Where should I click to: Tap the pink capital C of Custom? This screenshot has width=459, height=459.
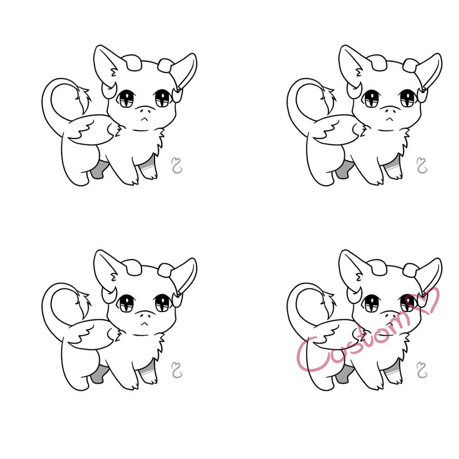(x=311, y=355)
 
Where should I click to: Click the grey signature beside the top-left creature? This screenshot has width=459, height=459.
(x=177, y=165)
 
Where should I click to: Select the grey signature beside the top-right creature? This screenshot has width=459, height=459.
(x=422, y=165)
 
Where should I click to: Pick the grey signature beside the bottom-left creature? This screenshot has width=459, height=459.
(x=177, y=370)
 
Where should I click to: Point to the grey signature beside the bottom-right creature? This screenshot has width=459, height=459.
(x=422, y=370)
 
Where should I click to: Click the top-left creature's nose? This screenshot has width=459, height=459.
(x=146, y=111)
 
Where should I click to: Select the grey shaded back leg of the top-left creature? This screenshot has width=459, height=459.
(x=98, y=170)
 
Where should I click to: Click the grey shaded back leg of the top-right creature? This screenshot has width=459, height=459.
(x=343, y=170)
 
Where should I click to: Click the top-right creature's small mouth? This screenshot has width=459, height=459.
(x=389, y=119)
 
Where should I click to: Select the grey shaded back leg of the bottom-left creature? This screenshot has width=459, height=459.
(x=98, y=374)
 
